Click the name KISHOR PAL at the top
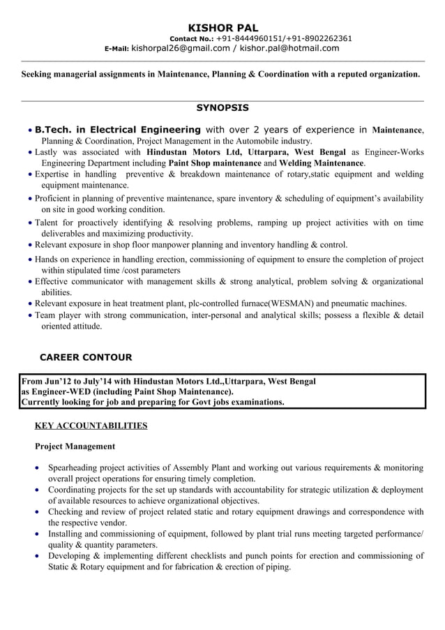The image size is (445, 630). coord(222,27)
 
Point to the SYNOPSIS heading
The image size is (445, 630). coord(222,108)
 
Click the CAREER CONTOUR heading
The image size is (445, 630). coord(85,357)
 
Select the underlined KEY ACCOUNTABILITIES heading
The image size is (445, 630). coord(91,425)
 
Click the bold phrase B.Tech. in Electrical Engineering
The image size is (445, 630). coord(118,130)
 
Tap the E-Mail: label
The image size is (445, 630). coord(116,49)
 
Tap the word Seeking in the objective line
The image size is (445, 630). coord(37,73)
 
